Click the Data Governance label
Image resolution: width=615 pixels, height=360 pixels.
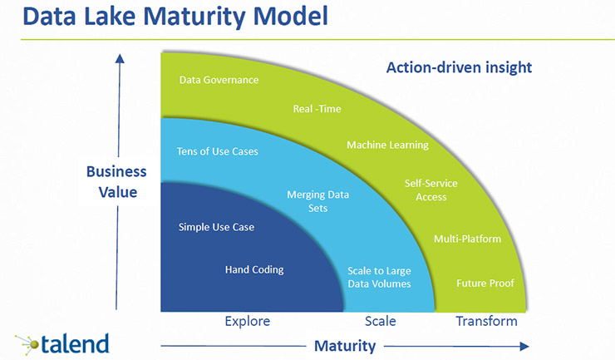coord(219,81)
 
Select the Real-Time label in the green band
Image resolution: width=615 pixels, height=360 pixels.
coord(317,109)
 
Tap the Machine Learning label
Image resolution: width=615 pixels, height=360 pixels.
coord(387,145)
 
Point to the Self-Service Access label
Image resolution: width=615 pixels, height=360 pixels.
coord(430,190)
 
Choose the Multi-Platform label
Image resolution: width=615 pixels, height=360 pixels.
coord(467,239)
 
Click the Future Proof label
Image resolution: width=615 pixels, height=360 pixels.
coord(485,284)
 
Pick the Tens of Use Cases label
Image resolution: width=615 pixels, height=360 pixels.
coord(218,152)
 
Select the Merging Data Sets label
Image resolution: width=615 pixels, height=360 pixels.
coord(317,201)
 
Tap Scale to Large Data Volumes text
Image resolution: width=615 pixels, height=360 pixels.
coord(379,278)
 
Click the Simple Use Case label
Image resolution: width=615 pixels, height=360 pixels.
coord(216,227)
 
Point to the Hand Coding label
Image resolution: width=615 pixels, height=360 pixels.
coord(254,269)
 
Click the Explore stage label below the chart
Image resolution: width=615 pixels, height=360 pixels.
coord(248,321)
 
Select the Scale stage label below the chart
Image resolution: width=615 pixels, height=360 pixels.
coord(381,321)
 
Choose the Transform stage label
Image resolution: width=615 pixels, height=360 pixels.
coord(486,321)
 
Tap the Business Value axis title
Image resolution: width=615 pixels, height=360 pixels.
coord(116,181)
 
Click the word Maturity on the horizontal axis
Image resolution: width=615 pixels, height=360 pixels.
coord(344,345)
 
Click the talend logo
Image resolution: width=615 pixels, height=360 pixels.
coord(61,342)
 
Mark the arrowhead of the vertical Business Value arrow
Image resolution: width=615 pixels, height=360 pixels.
coord(120,58)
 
